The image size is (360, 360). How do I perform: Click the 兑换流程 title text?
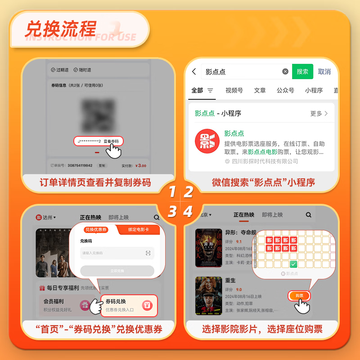[x=60, y=29]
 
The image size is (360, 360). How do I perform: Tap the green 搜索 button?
[x=302, y=72]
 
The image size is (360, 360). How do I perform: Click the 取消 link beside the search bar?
[x=324, y=72]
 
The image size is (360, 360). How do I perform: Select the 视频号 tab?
[x=234, y=90]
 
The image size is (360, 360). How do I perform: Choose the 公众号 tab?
[x=285, y=90]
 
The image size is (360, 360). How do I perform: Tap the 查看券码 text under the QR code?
[x=111, y=141]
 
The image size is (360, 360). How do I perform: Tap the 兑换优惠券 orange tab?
[x=96, y=229]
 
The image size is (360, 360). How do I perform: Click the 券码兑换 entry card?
[x=129, y=305]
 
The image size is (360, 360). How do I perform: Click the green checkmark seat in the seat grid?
[x=293, y=264]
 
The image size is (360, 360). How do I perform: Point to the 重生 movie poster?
[x=208, y=296]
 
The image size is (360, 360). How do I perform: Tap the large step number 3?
[x=172, y=211]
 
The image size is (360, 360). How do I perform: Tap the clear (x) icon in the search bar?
[x=285, y=72]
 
